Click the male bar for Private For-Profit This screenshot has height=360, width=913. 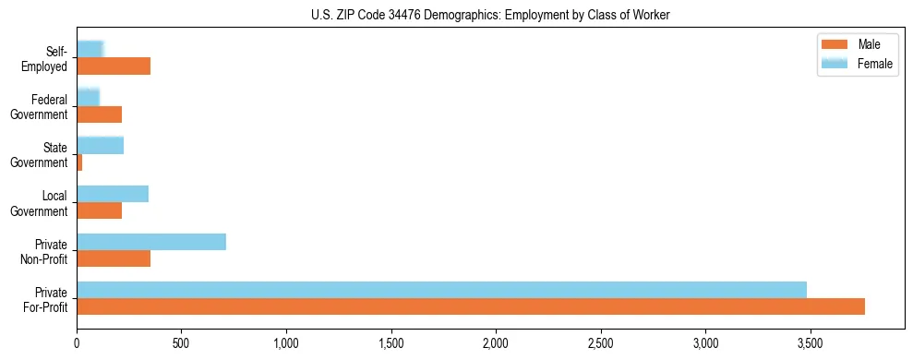(471, 306)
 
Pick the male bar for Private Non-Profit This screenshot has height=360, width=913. (114, 258)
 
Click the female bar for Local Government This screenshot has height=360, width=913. (113, 194)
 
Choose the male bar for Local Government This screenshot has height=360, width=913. (99, 210)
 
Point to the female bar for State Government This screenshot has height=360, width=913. (100, 145)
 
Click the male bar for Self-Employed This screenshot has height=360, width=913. (114, 66)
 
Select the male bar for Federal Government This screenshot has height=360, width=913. (99, 114)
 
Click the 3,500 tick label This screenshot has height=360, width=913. (811, 343)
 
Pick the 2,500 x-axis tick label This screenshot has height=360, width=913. (601, 343)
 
